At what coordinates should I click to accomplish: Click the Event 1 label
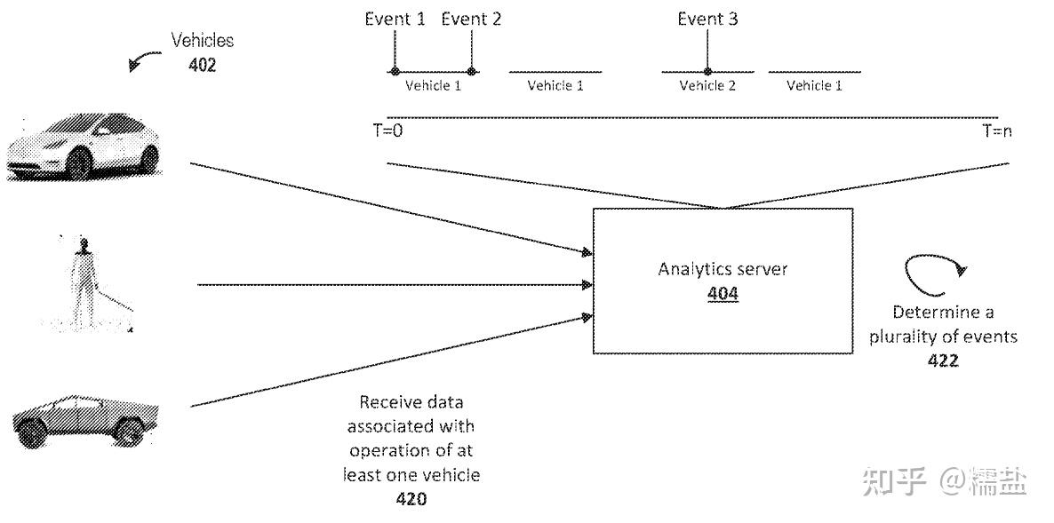(x=395, y=19)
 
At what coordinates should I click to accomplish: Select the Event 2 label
(x=471, y=19)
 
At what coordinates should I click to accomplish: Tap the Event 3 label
(x=707, y=19)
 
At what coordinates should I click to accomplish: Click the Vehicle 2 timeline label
(x=707, y=86)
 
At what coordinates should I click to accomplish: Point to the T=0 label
(x=387, y=131)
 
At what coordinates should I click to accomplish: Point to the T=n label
(x=997, y=131)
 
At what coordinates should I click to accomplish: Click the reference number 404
(x=723, y=295)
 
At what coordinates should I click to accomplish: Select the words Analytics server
(x=723, y=270)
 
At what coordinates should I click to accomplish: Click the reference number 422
(x=943, y=361)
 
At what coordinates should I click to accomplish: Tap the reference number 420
(x=411, y=499)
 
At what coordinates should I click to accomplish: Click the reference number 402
(x=202, y=65)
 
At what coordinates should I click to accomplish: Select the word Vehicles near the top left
(x=202, y=41)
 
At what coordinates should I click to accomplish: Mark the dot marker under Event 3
(x=707, y=72)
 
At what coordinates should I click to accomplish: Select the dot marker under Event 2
(x=471, y=72)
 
